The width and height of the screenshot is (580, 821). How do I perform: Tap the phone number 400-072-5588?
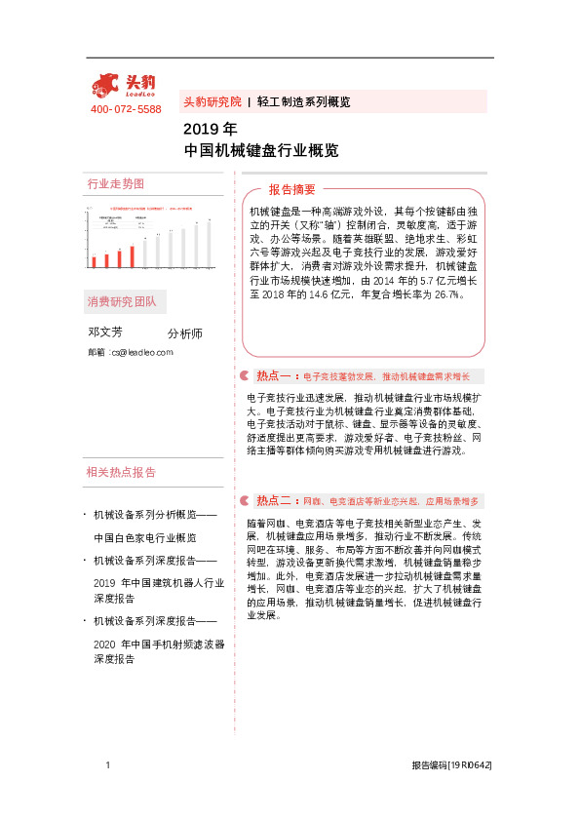(x=126, y=109)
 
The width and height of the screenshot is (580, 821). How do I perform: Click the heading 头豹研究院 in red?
(x=212, y=101)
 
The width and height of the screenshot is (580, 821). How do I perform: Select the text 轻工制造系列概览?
(x=303, y=101)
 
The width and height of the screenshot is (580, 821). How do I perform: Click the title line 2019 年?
(x=210, y=129)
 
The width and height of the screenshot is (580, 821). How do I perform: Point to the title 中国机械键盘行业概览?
(x=261, y=150)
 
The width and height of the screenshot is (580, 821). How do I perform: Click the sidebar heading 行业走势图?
(x=116, y=184)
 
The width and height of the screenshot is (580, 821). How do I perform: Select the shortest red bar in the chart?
(x=94, y=261)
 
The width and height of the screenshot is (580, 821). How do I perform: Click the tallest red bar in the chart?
(x=131, y=255)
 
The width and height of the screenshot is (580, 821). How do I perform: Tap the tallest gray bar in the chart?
(x=208, y=245)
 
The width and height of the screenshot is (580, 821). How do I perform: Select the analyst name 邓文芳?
(x=105, y=332)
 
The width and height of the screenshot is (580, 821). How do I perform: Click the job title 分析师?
(x=185, y=333)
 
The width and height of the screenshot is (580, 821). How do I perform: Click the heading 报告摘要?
(x=291, y=189)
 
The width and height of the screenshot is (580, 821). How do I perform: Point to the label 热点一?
(x=273, y=376)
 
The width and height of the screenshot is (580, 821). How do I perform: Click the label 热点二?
(x=273, y=501)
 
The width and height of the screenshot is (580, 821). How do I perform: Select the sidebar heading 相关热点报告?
(x=121, y=473)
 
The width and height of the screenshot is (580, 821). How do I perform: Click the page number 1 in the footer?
(x=108, y=766)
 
